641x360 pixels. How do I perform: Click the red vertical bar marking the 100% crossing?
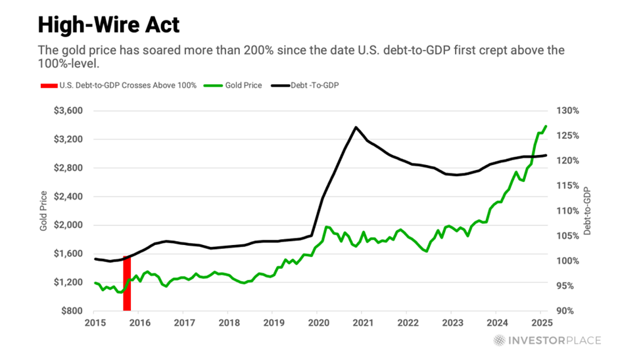[127, 284]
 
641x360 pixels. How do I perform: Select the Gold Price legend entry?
[241, 85]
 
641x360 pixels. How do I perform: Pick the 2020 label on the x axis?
[318, 323]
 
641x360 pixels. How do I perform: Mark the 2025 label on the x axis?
[541, 323]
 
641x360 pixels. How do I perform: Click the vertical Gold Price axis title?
[43, 210]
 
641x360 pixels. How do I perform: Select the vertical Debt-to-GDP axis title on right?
[587, 210]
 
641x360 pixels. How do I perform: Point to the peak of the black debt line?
[356, 127]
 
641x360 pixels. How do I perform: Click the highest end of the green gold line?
[546, 126]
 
